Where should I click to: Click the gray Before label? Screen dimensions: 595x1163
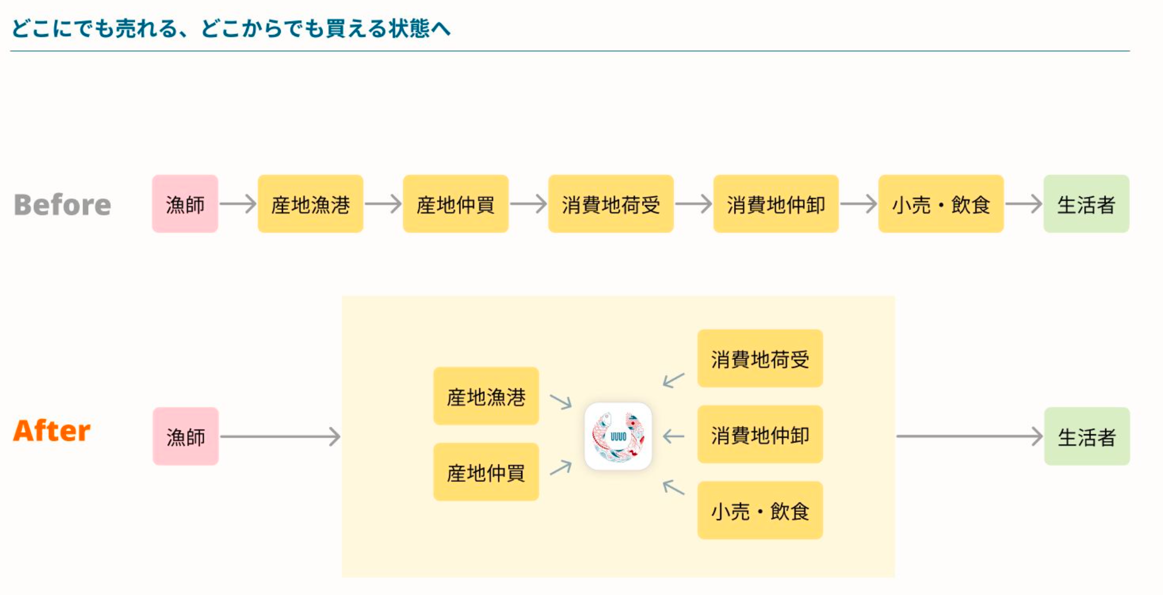pyautogui.click(x=62, y=204)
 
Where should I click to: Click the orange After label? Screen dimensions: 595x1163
pyautogui.click(x=52, y=431)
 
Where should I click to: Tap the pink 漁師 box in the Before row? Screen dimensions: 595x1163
pyautogui.click(x=185, y=204)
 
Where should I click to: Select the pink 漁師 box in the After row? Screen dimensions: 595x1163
pyautogui.click(x=186, y=437)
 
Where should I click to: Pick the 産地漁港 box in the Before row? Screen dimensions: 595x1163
pyautogui.click(x=310, y=204)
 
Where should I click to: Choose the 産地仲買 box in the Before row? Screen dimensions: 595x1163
pyautogui.click(x=455, y=204)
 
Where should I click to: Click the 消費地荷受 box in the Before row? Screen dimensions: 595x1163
pyautogui.click(x=611, y=204)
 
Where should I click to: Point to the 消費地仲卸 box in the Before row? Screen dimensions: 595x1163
pyautogui.click(x=776, y=204)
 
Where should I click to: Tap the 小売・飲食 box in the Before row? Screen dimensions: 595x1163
pyautogui.click(x=941, y=204)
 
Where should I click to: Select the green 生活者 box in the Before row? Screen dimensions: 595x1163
pyautogui.click(x=1086, y=204)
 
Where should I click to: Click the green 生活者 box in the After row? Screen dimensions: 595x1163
pyautogui.click(x=1087, y=437)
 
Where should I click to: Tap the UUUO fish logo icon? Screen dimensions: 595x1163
pyautogui.click(x=618, y=436)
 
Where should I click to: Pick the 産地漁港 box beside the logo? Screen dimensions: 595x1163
pyautogui.click(x=486, y=396)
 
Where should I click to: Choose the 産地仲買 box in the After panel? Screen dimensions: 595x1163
pyautogui.click(x=486, y=472)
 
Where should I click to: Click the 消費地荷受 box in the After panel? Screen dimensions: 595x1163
pyautogui.click(x=760, y=359)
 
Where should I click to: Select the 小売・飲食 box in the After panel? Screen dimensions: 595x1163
pyautogui.click(x=760, y=510)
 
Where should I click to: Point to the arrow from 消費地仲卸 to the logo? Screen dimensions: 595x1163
pyautogui.click(x=674, y=436)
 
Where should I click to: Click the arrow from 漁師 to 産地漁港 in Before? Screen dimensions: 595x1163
pyautogui.click(x=238, y=204)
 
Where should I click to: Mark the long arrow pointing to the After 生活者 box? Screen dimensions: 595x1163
pyautogui.click(x=968, y=436)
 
